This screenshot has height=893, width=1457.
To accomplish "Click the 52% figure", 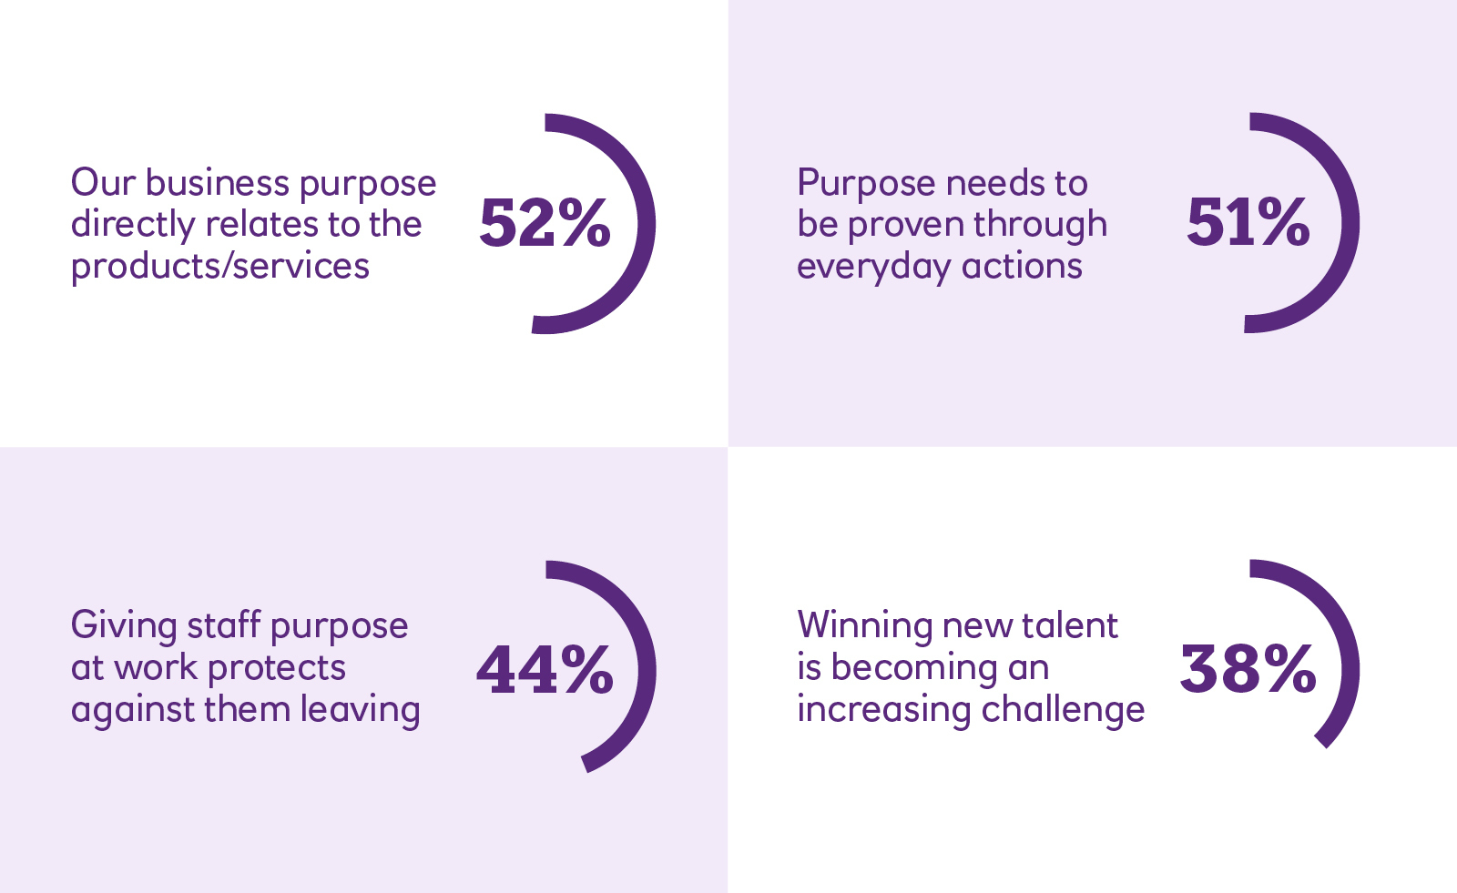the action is pyautogui.click(x=545, y=223).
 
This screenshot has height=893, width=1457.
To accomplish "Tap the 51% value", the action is pyautogui.click(x=1248, y=223).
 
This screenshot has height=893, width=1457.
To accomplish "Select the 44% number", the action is pyautogui.click(x=545, y=670).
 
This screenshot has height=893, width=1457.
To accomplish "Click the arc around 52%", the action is pyautogui.click(x=646, y=225).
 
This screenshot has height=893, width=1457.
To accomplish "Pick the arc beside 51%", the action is pyautogui.click(x=1350, y=223).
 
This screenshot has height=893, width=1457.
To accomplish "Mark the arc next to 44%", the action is pyautogui.click(x=647, y=670).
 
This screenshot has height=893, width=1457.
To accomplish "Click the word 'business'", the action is pyautogui.click(x=218, y=182).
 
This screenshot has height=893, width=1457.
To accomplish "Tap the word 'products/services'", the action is pyautogui.click(x=219, y=267).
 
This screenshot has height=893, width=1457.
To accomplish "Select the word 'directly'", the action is pyautogui.click(x=133, y=225).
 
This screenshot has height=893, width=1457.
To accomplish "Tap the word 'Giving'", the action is pyautogui.click(x=124, y=626).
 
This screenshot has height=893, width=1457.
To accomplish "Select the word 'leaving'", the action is pyautogui.click(x=360, y=710).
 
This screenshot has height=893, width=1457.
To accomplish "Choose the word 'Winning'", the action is pyautogui.click(x=865, y=626).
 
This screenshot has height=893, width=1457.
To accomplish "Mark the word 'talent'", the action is pyautogui.click(x=1069, y=625).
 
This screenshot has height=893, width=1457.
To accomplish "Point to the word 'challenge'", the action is pyautogui.click(x=1063, y=710).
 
